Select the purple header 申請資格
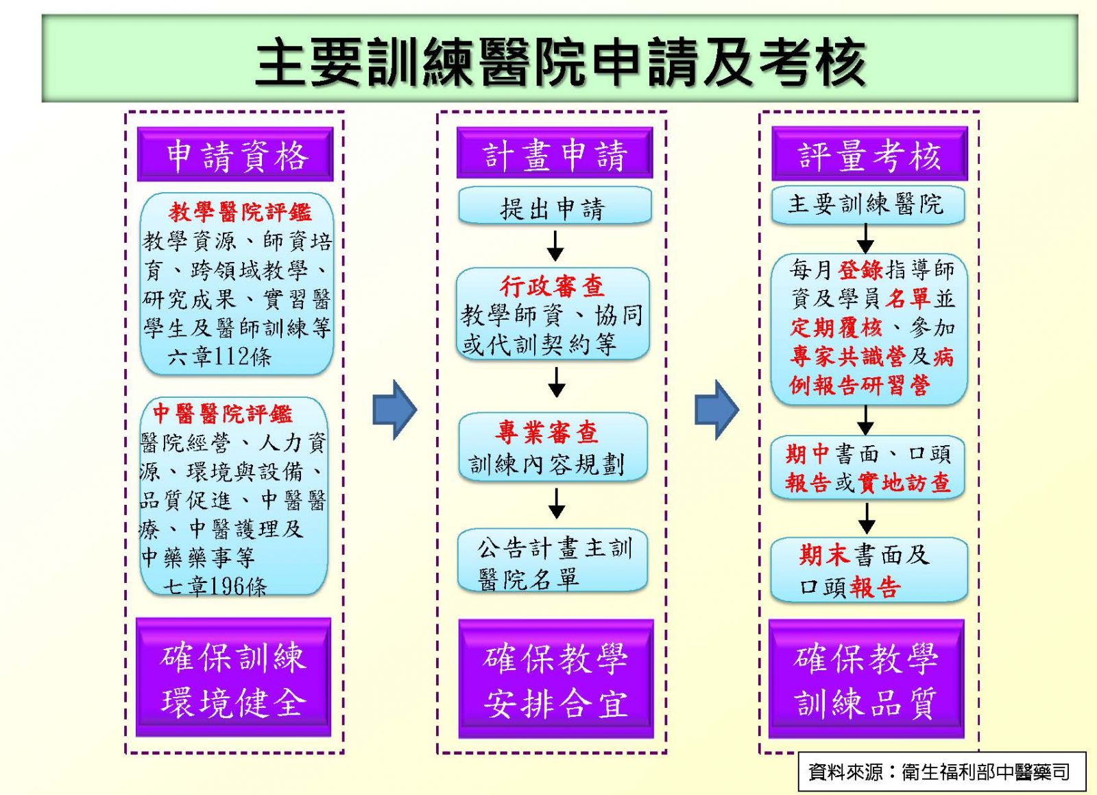click(x=235, y=154)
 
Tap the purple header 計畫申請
click(x=555, y=153)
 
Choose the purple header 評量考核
click(x=870, y=154)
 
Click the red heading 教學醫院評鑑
click(x=240, y=212)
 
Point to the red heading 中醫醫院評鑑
click(x=223, y=414)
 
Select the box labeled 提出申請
click(x=555, y=205)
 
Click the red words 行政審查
click(x=553, y=286)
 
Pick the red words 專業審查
click(x=546, y=432)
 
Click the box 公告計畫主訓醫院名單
click(x=553, y=560)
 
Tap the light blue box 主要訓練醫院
click(x=868, y=204)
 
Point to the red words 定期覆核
click(x=836, y=328)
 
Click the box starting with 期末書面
click(x=869, y=570)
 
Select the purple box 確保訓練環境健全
click(x=234, y=678)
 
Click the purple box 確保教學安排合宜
click(x=556, y=679)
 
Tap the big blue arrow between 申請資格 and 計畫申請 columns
click(x=395, y=410)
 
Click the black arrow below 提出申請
click(x=555, y=246)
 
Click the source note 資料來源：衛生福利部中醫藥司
click(x=939, y=772)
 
